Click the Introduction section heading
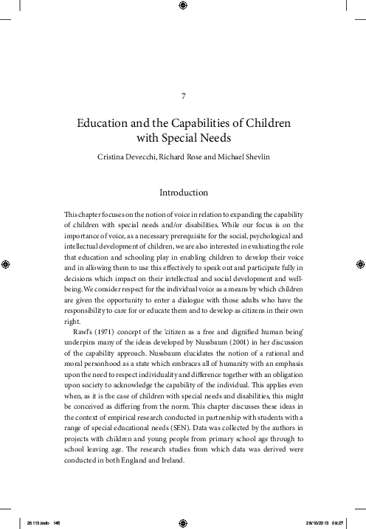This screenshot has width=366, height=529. pos(183,193)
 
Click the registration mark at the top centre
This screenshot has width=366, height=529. pos(183,9)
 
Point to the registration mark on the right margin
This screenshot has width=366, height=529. pos(358,261)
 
